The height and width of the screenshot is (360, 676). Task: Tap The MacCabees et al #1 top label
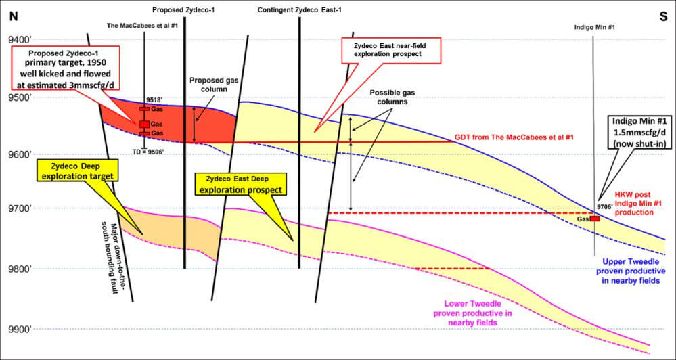[142, 26]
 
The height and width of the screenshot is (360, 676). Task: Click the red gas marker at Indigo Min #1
[594, 219]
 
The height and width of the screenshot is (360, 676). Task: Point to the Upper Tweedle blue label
[633, 269]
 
